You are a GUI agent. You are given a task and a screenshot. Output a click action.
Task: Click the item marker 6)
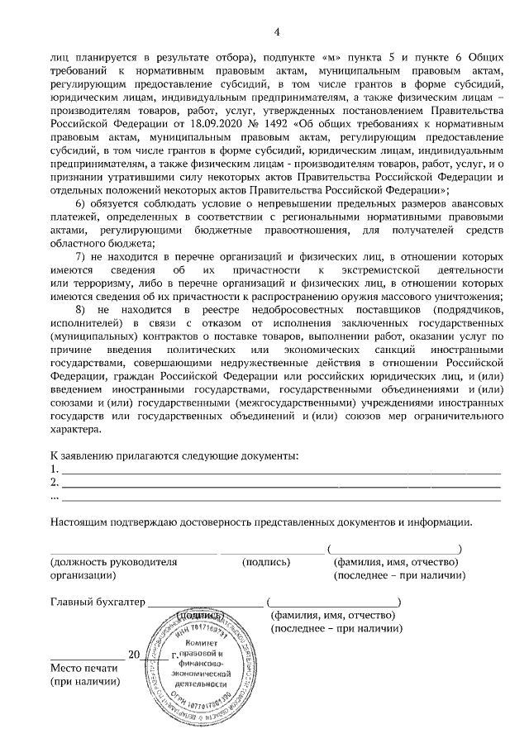[81, 204]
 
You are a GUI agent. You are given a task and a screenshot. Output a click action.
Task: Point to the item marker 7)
[81, 257]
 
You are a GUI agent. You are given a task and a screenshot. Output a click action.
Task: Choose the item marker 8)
[81, 310]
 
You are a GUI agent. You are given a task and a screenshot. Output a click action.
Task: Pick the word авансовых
[470, 204]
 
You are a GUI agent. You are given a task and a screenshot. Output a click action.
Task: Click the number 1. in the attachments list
[55, 469]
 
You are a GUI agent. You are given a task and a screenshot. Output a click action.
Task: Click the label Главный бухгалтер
[97, 602]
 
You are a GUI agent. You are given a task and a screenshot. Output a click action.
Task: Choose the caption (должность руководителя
[113, 562]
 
